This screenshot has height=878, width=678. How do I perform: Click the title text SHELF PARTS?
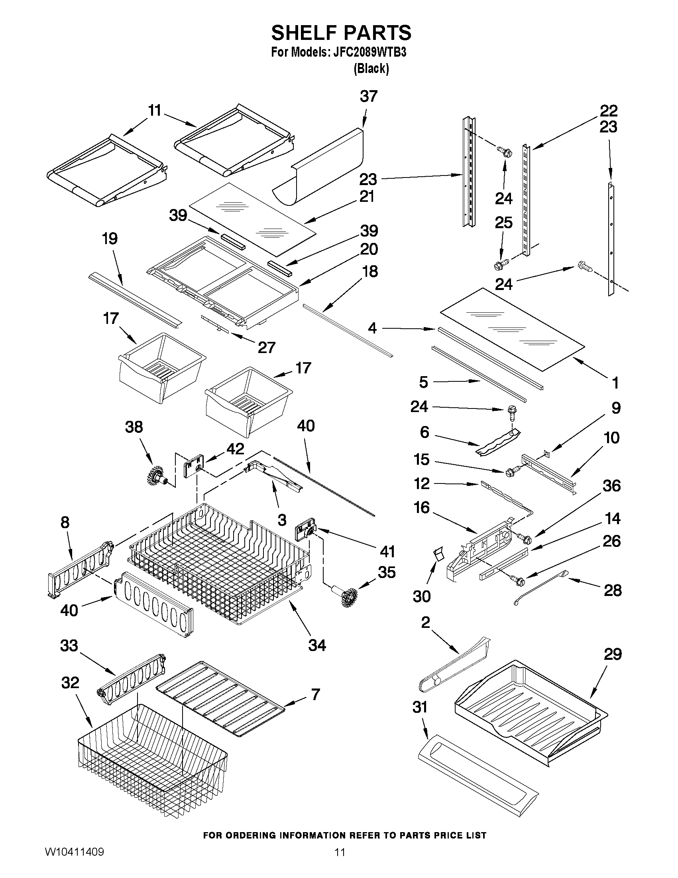pos(341,33)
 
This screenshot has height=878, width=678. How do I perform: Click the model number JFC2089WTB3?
pos(370,53)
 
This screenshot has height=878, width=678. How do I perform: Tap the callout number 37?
pos(368,97)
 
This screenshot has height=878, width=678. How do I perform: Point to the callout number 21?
pos(367,197)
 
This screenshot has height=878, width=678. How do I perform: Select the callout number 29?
pos(613,655)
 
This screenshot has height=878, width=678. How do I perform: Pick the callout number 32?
pos(70,683)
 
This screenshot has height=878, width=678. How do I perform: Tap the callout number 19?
pos(110,239)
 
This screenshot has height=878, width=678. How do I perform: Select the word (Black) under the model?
pos(371,69)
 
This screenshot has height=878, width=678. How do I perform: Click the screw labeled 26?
pos(515,579)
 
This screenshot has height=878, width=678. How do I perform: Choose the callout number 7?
pos(316,694)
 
